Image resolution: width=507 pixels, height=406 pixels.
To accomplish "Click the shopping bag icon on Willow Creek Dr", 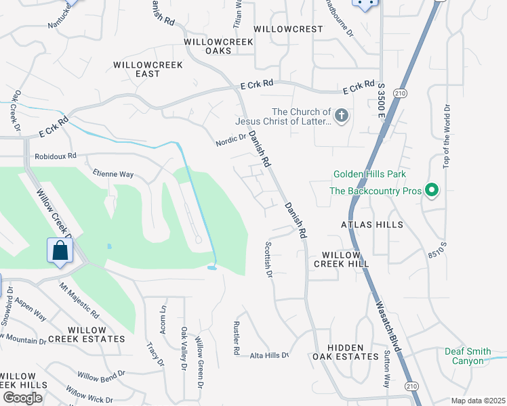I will pyautogui.click(x=60, y=250).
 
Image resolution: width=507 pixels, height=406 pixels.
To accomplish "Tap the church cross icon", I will pyautogui.click(x=342, y=116).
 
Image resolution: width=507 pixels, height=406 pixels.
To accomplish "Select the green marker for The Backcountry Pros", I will pyautogui.click(x=430, y=190).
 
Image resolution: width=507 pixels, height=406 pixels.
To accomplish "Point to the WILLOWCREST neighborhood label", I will pyautogui.click(x=288, y=29).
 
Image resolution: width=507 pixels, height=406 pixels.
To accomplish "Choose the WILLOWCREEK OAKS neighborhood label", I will pyautogui.click(x=218, y=46).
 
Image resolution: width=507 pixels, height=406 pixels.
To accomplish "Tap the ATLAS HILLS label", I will pyautogui.click(x=373, y=225).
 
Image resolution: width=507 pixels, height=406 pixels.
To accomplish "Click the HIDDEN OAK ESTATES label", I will pyautogui.click(x=346, y=351).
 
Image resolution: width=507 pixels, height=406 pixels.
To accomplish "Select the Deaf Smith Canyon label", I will pyautogui.click(x=473, y=356).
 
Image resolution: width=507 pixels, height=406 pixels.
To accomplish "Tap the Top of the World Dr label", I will pyautogui.click(x=446, y=137).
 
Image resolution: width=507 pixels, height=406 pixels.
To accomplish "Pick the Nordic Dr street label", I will pyautogui.click(x=230, y=139).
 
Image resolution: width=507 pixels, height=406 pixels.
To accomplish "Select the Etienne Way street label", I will pyautogui.click(x=113, y=174).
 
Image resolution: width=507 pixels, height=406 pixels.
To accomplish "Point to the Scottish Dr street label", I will pyautogui.click(x=268, y=261).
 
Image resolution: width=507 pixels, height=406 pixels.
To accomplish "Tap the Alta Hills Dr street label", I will pyautogui.click(x=269, y=355).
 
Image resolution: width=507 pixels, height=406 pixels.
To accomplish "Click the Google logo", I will pyautogui.click(x=22, y=398).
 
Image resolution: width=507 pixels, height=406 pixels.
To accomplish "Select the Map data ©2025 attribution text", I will pyautogui.click(x=477, y=401).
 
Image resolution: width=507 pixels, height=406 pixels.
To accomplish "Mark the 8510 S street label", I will pyautogui.click(x=438, y=252).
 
